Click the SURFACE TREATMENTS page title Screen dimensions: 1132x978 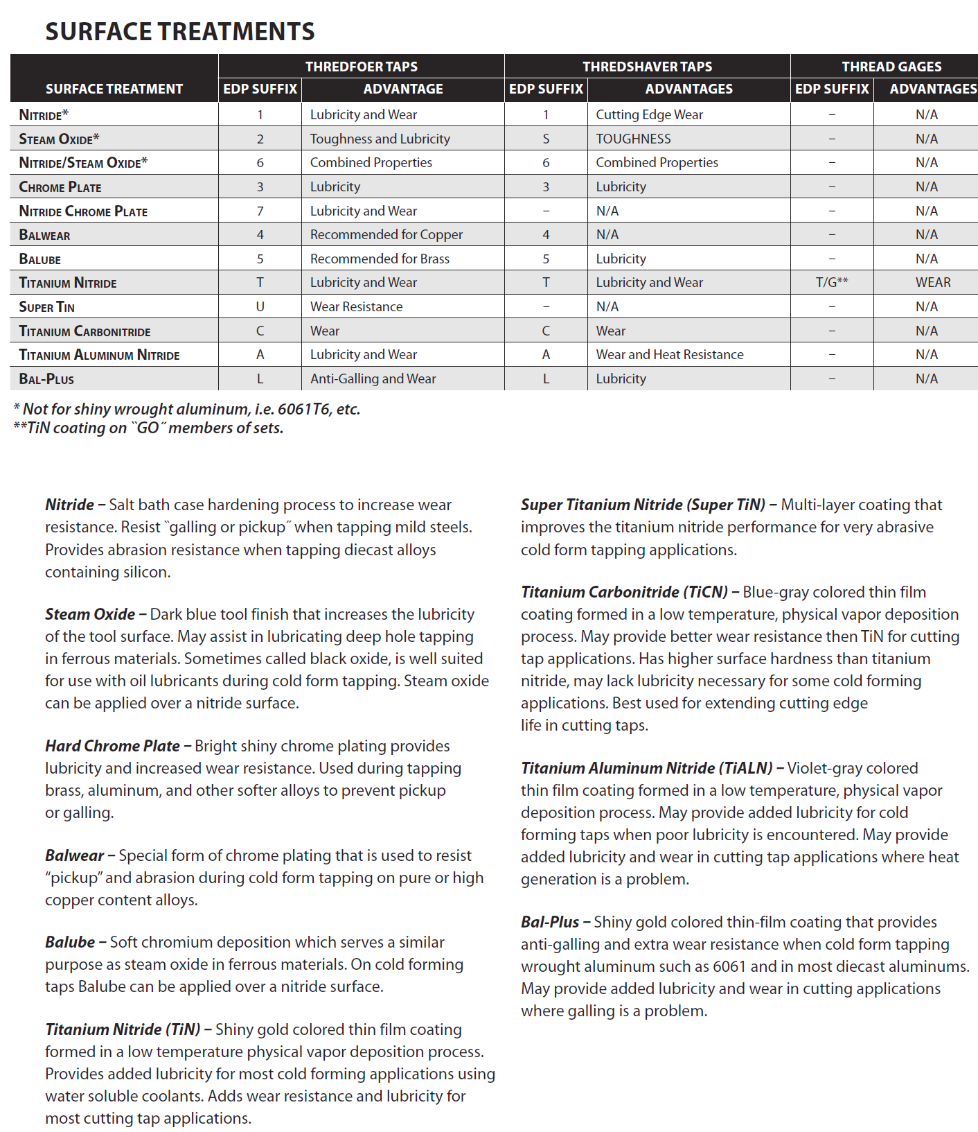click(x=180, y=32)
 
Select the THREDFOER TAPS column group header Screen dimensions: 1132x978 click(x=361, y=67)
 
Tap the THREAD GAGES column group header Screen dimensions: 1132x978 click(x=891, y=67)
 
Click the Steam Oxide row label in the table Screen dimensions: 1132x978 click(x=59, y=139)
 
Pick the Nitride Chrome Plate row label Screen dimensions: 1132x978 click(x=83, y=211)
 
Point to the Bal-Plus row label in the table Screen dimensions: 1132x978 click(x=46, y=379)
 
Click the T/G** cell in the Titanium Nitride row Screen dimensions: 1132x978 click(x=831, y=282)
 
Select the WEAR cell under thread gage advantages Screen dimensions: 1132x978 click(x=932, y=282)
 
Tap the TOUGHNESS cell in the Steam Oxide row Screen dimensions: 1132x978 click(x=633, y=139)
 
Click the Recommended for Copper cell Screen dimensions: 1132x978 click(x=386, y=234)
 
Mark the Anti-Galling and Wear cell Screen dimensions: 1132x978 click(x=373, y=378)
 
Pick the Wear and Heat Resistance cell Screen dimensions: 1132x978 click(x=669, y=354)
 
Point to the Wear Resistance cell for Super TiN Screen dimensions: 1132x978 click(x=356, y=306)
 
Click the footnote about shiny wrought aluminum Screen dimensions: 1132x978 click(x=187, y=409)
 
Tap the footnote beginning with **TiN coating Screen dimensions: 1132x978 click(x=148, y=428)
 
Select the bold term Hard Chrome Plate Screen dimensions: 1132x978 click(x=112, y=746)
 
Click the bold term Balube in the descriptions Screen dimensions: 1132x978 click(x=70, y=942)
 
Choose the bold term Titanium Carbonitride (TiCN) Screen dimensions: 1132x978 click(x=623, y=592)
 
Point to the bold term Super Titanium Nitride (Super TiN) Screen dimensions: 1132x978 click(x=642, y=505)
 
